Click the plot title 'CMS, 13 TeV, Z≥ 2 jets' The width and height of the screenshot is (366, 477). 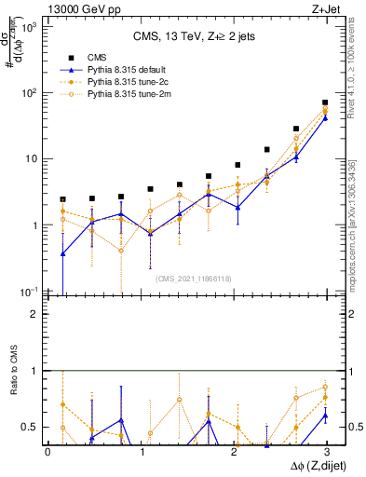pos(195,36)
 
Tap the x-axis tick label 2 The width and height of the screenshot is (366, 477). pos(233,452)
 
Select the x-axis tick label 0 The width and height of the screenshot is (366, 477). pos(47,452)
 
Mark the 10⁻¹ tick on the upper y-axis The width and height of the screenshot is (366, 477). pos(30,292)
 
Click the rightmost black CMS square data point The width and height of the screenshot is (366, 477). pos(325,102)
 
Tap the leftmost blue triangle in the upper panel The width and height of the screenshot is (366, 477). pos(62,253)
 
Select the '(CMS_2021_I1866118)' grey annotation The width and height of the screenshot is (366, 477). pos(194,278)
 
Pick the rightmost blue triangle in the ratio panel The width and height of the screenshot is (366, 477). pos(325,415)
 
